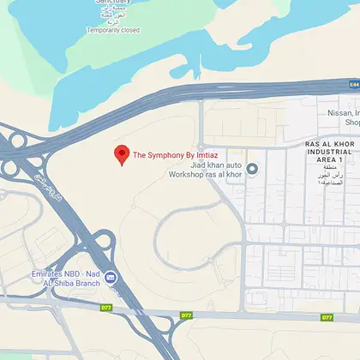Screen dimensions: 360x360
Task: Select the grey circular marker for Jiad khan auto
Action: pos(253,168)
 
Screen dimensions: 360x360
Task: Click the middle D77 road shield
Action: pos(186,315)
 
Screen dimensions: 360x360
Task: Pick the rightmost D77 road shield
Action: pos(327,317)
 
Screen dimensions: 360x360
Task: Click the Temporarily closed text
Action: pos(112,30)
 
